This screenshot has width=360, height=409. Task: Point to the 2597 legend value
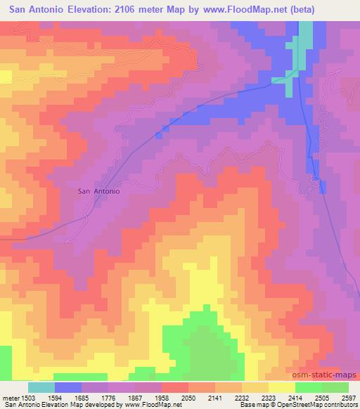[349, 398]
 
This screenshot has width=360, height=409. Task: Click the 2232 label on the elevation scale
[253, 398]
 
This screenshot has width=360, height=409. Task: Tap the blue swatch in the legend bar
[67, 387]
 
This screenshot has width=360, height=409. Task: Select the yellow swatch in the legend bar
[282, 387]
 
